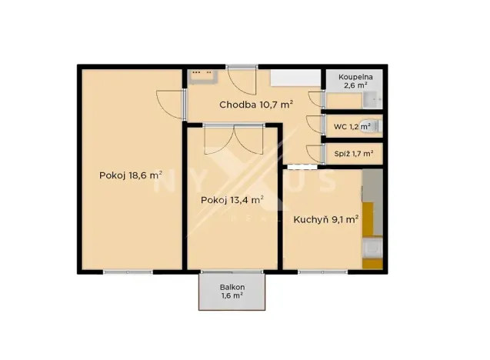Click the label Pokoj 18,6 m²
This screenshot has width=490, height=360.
pyautogui.click(x=130, y=175)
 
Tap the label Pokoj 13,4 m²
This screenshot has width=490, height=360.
pyautogui.click(x=232, y=200)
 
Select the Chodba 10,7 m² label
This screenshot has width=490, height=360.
pyautogui.click(x=255, y=105)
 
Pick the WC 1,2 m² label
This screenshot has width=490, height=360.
pyautogui.click(x=352, y=126)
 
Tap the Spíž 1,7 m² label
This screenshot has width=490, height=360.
pyautogui.click(x=353, y=154)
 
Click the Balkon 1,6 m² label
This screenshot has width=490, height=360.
pyautogui.click(x=232, y=291)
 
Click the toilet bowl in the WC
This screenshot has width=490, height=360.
pyautogui.click(x=375, y=125)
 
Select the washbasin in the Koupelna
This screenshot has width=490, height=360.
pyautogui.click(x=372, y=98)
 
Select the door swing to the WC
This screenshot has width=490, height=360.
pyautogui.click(x=314, y=125)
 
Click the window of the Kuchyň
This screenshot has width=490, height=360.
pyautogui.click(x=322, y=271)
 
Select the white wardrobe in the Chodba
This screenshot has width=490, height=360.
pyautogui.click(x=295, y=78)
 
